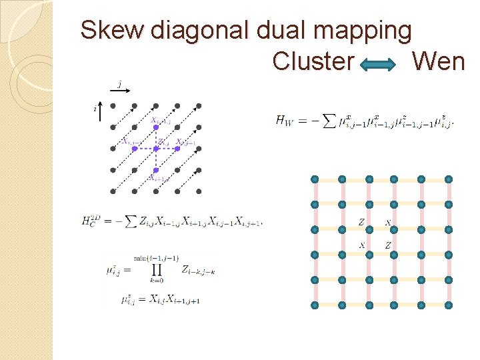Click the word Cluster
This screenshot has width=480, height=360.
(313, 61)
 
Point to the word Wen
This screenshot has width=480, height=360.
(437, 61)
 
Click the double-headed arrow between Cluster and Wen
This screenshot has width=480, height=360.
(383, 63)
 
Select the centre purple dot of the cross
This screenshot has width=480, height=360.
(156, 149)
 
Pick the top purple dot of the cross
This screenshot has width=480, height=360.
(156, 127)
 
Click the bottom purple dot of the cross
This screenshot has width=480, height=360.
(156, 170)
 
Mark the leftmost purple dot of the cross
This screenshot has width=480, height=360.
(135, 149)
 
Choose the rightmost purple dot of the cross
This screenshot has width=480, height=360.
(177, 149)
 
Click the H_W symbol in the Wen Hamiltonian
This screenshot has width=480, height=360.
(283, 121)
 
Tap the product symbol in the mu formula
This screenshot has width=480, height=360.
(157, 269)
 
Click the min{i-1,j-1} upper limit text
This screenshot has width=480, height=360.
(157, 257)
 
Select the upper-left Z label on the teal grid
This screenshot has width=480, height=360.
(361, 222)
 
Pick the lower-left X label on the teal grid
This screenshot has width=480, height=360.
(362, 245)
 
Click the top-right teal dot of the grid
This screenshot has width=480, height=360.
(449, 179)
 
